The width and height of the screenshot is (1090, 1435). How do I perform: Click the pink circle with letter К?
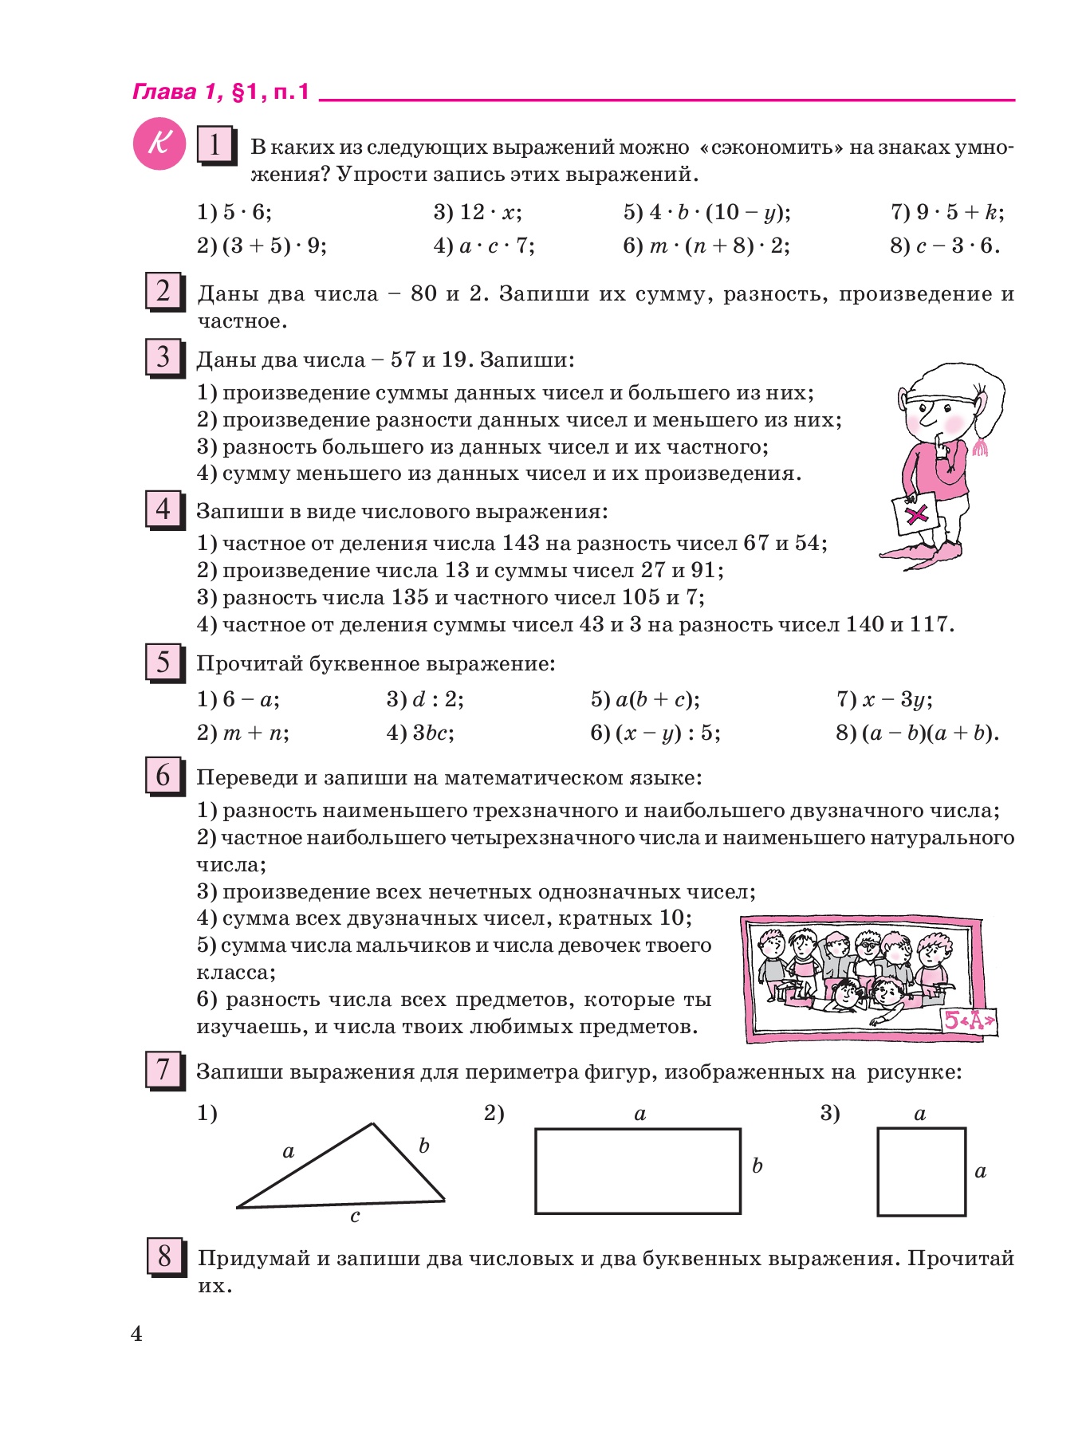tap(159, 144)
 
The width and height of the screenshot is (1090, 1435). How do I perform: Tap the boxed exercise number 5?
tap(163, 662)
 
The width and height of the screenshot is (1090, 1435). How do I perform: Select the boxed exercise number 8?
tap(165, 1257)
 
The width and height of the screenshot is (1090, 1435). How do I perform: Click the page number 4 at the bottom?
tap(136, 1334)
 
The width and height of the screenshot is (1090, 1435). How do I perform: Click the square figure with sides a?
tap(921, 1171)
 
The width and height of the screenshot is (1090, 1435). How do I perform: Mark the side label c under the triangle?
tap(355, 1216)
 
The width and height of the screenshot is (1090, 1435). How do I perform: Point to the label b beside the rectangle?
tap(757, 1166)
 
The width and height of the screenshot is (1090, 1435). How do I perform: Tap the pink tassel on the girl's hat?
tap(980, 446)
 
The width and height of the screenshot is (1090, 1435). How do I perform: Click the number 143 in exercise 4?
tap(521, 544)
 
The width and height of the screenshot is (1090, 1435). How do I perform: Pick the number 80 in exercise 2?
tap(423, 294)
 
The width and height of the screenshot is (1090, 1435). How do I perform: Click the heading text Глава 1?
tap(175, 92)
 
